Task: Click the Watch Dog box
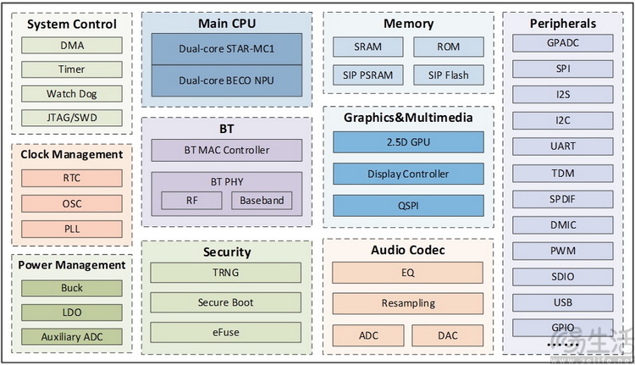point(71,93)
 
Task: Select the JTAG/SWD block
point(71,118)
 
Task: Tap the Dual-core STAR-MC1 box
point(226,49)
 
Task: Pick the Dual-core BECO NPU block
point(226,80)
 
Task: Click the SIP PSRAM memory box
point(367,75)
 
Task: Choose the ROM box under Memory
point(448,47)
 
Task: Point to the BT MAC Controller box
point(226,150)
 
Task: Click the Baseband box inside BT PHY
point(262,201)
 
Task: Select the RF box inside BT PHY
point(191,201)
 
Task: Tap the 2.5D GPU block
point(408,141)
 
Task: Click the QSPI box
point(408,205)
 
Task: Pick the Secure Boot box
point(226,302)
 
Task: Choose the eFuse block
point(226,332)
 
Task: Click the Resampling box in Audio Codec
point(408,303)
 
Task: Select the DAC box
point(448,335)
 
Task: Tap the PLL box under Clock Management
point(71,228)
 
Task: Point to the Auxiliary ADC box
point(71,336)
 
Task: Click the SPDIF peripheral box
point(562,198)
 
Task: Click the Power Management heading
point(72,265)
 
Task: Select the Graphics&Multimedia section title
point(408,117)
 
